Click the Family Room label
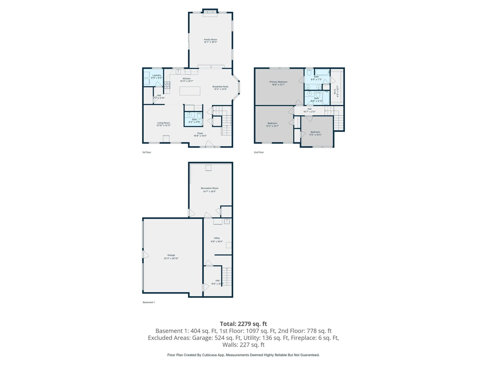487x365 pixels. pyautogui.click(x=210, y=40)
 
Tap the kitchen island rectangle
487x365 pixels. pyautogui.click(x=190, y=91)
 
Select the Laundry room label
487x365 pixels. pyautogui.click(x=156, y=75)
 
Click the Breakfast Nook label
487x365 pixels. pyautogui.click(x=220, y=87)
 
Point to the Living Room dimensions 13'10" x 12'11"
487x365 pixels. pyautogui.click(x=163, y=125)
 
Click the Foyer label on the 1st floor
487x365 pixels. pyautogui.click(x=200, y=133)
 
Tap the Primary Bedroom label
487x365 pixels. pyautogui.click(x=278, y=82)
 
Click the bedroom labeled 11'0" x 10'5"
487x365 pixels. pyautogui.click(x=315, y=133)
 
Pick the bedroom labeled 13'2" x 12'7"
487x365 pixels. pyautogui.click(x=272, y=124)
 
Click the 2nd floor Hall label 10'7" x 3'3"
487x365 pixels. pyautogui.click(x=309, y=110)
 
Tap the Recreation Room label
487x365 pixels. pyautogui.click(x=210, y=188)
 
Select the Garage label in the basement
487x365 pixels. pyautogui.click(x=171, y=255)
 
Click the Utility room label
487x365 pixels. pyautogui.click(x=217, y=238)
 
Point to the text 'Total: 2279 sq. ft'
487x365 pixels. pyautogui.click(x=243, y=324)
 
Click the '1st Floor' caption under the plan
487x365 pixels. pyautogui.click(x=147, y=152)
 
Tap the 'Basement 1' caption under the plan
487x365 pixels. pyautogui.click(x=149, y=302)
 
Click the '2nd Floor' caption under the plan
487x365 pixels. pyautogui.click(x=259, y=152)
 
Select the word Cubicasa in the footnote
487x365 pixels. pyautogui.click(x=209, y=355)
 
